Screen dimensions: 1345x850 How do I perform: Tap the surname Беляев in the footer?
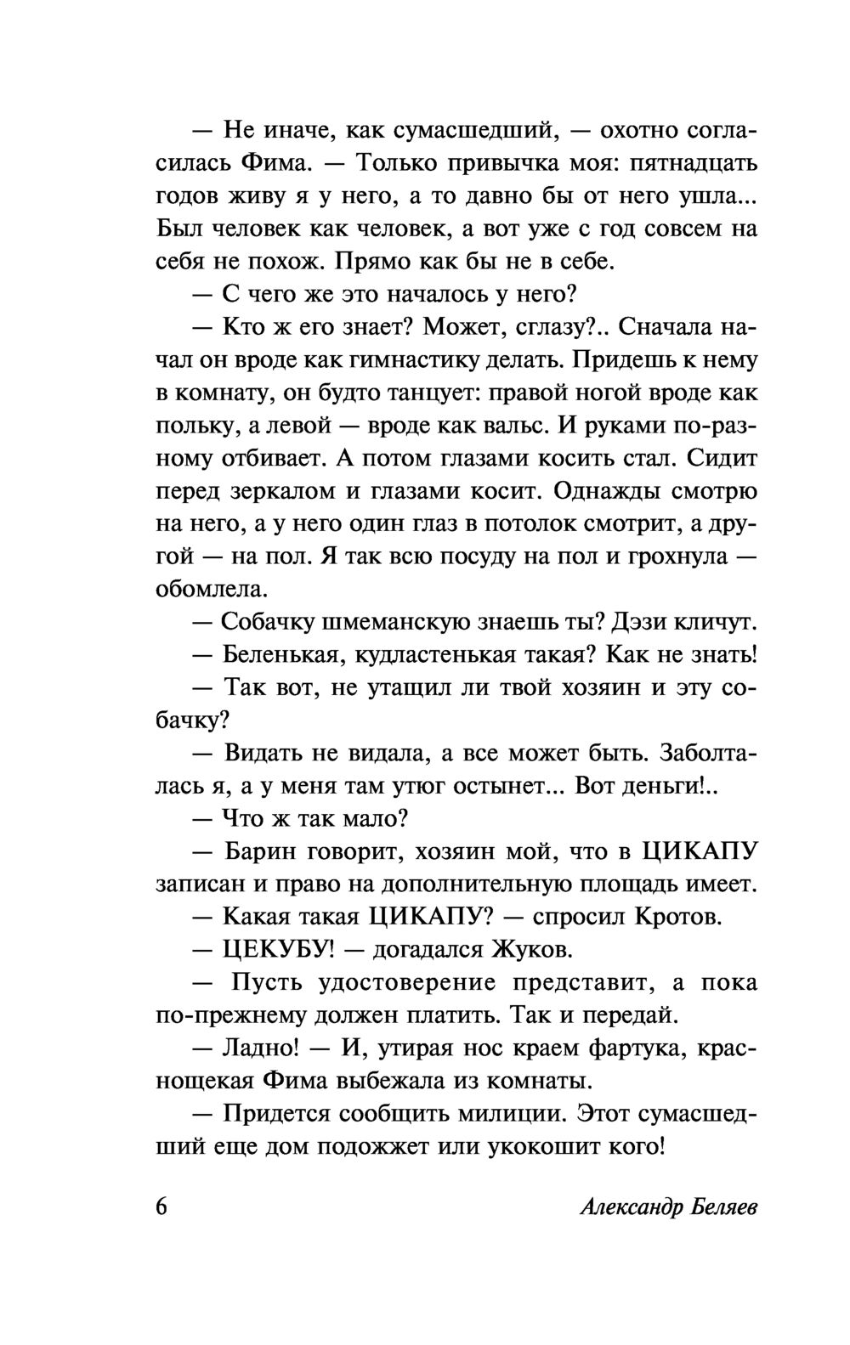click(713, 1207)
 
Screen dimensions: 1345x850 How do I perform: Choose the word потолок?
click(530, 523)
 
